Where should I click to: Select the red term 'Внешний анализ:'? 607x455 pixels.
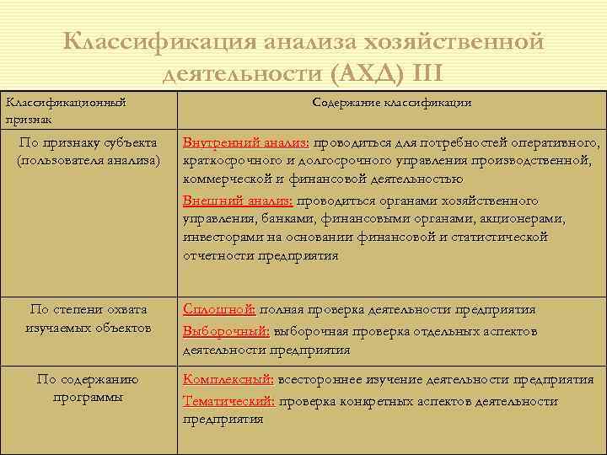tap(238, 201)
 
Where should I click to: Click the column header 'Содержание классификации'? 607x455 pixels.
tap(391, 103)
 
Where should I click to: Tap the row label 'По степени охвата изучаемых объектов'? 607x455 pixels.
tap(88, 318)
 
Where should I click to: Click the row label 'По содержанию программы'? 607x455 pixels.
tap(88, 388)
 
